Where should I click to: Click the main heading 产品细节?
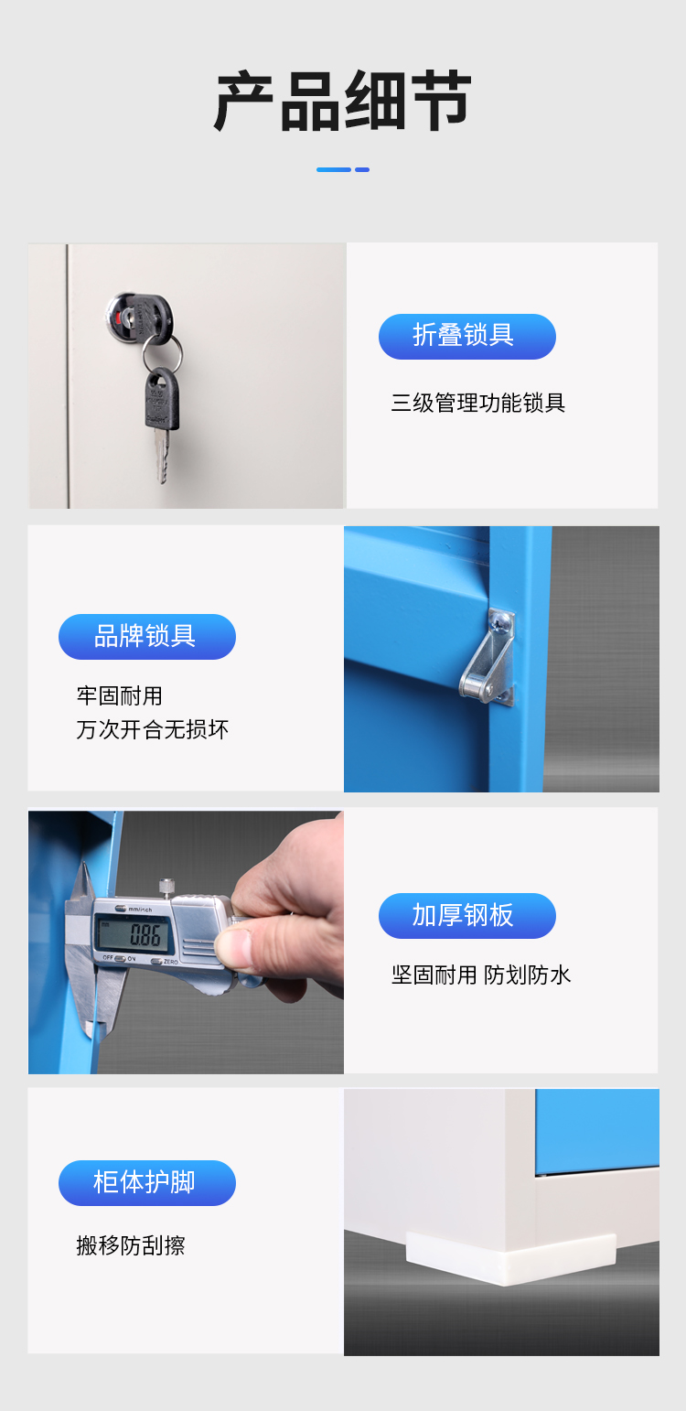[343, 101]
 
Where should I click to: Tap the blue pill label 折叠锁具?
[466, 337]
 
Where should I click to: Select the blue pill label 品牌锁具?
[146, 636]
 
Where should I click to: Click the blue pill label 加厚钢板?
[466, 915]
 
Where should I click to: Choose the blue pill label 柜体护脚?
[146, 1182]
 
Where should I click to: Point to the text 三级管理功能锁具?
[478, 403]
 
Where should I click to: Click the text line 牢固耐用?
[120, 695]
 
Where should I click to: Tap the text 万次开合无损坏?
[153, 729]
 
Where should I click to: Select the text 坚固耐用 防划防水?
[480, 975]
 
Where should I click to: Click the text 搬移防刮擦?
[131, 1244]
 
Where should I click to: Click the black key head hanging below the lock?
[162, 399]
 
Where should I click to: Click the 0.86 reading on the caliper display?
[145, 935]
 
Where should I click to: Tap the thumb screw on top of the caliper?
[167, 887]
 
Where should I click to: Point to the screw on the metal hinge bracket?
[501, 622]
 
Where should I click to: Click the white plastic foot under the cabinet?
[510, 1257]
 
